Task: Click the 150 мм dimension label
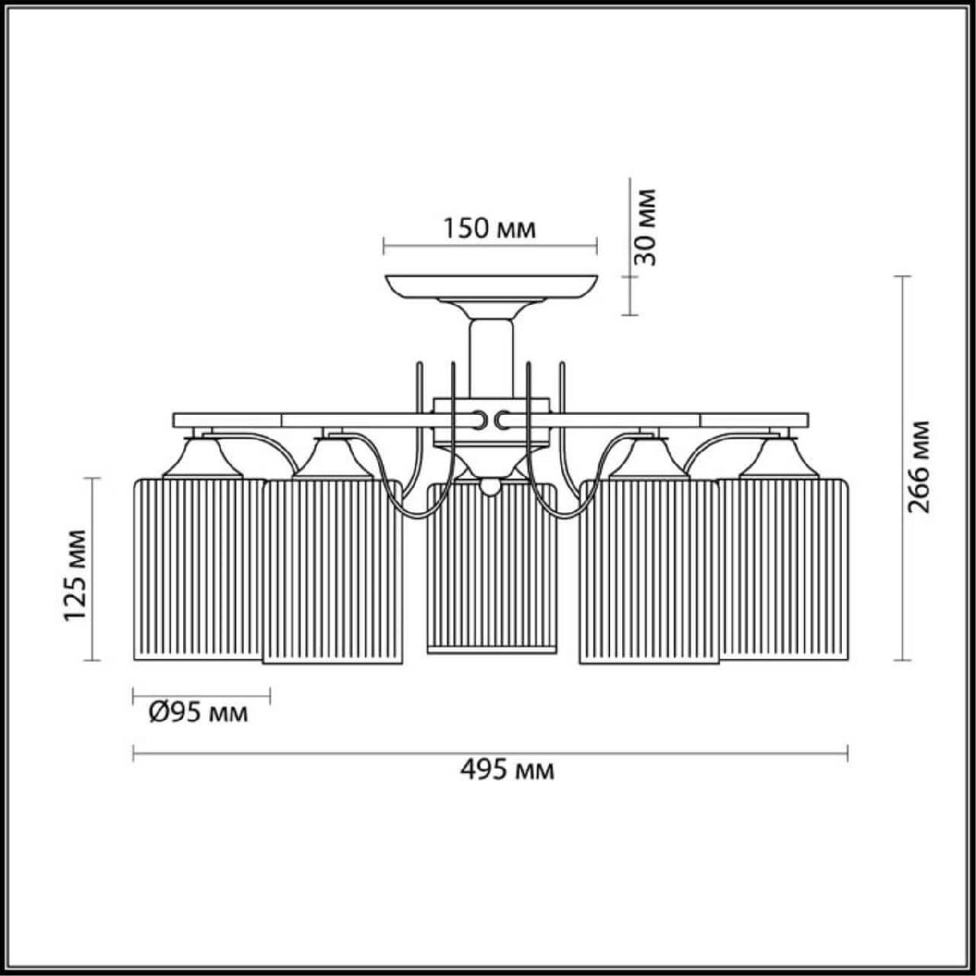(x=490, y=229)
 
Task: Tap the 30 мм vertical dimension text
(x=646, y=228)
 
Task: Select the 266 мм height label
(x=919, y=467)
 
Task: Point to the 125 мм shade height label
(x=75, y=575)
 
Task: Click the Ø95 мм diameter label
(x=198, y=713)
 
